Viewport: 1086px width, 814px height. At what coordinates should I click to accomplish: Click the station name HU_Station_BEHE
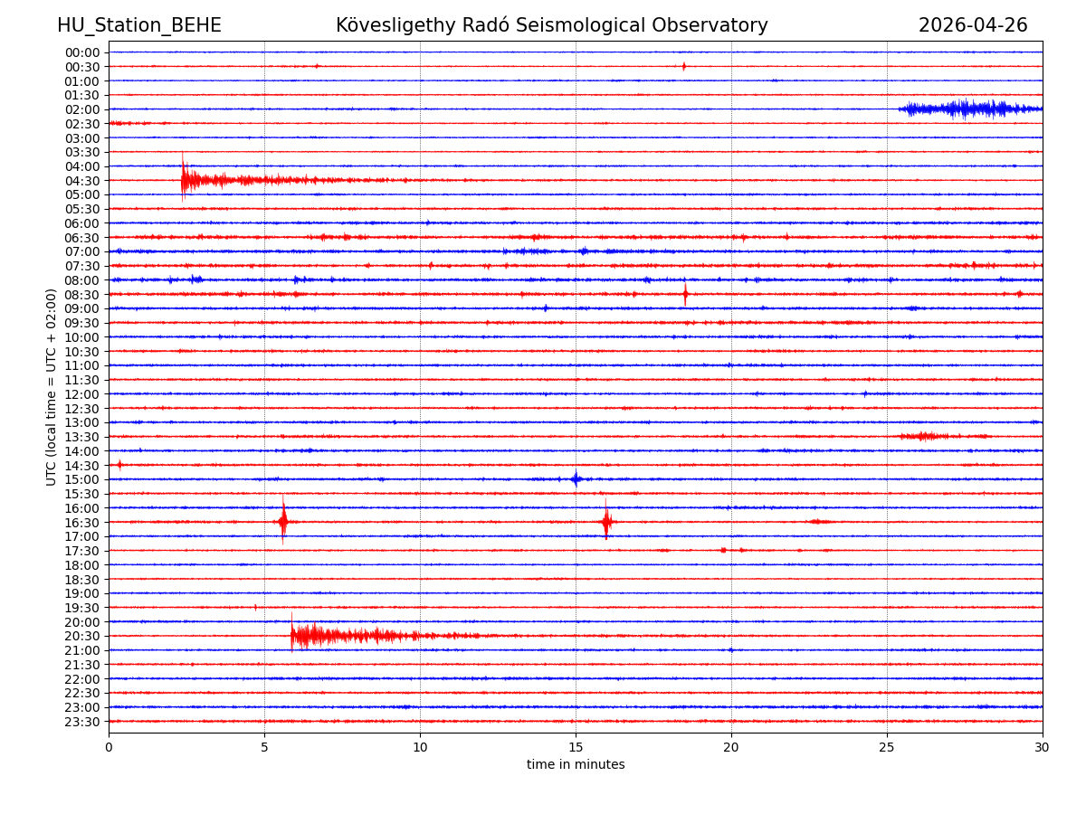click(x=138, y=25)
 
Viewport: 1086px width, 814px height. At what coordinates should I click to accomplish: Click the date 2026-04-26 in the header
click(x=973, y=25)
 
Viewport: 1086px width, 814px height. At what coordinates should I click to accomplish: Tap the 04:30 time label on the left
click(x=82, y=181)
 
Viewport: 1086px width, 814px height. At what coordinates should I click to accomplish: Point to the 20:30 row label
click(x=82, y=637)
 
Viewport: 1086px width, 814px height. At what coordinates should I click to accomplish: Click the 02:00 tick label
click(x=82, y=109)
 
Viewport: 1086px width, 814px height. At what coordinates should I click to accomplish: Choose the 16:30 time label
click(x=82, y=523)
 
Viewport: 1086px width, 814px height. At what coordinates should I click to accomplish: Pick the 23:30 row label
click(x=82, y=722)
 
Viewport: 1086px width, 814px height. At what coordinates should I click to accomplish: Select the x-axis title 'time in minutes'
click(x=576, y=765)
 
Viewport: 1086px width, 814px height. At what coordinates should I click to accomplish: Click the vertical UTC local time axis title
click(x=52, y=387)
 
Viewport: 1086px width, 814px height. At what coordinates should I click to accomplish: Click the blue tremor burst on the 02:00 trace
click(x=968, y=109)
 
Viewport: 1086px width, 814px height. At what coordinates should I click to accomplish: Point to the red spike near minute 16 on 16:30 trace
click(x=606, y=521)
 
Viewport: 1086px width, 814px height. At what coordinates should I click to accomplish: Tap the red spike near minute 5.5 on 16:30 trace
click(x=283, y=521)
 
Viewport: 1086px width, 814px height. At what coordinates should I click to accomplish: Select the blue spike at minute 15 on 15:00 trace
click(x=576, y=479)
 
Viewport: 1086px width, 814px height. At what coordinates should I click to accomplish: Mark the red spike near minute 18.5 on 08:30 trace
click(x=685, y=294)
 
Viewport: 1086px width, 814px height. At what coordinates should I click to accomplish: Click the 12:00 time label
click(x=82, y=394)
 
